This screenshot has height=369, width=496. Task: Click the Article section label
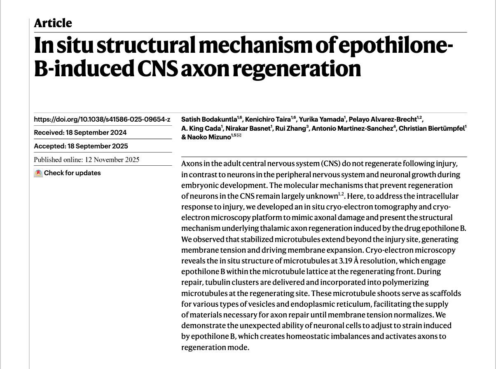(53, 23)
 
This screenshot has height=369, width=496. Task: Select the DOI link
(102, 120)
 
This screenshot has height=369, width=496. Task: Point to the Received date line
(80, 133)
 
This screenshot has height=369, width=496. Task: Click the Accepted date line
(81, 146)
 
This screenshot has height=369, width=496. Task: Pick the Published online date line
(87, 160)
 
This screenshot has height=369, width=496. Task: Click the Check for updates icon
(38, 173)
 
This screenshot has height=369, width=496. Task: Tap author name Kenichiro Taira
(264, 120)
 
